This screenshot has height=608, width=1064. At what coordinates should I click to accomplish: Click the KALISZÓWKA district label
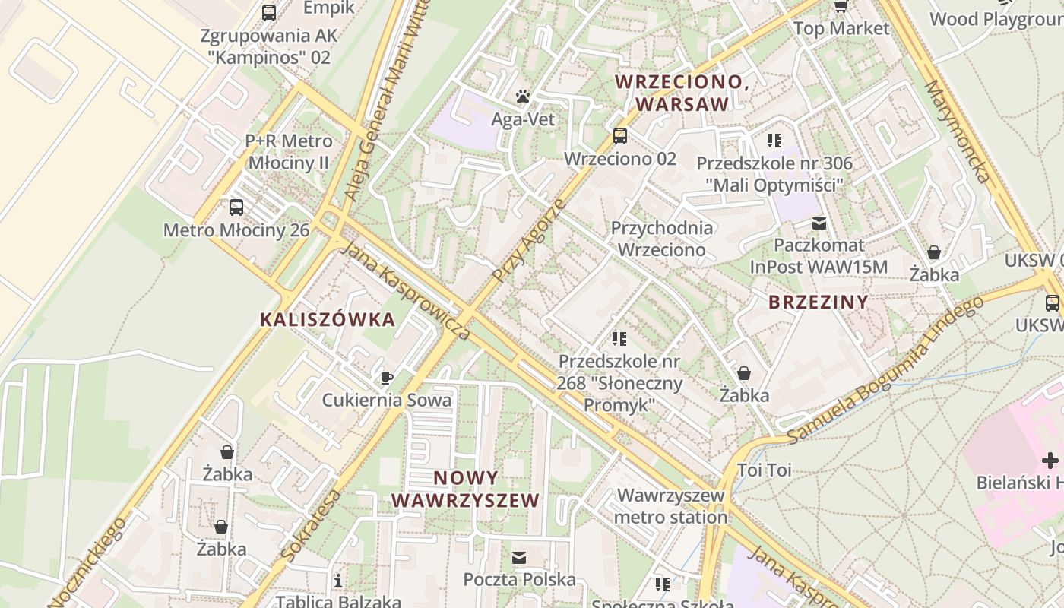point(328,319)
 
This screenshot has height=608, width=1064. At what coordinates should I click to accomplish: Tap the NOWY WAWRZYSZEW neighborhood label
point(466,489)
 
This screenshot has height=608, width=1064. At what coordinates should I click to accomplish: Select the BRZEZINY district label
point(818,302)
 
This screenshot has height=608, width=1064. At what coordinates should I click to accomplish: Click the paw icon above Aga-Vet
point(523,97)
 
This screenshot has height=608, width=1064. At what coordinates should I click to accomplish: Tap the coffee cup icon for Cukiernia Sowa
point(387,378)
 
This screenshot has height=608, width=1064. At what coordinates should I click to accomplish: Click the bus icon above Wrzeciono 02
point(620,136)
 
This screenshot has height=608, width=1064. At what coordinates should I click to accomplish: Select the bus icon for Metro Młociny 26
point(236,207)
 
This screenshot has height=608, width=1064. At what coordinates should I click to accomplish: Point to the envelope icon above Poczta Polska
point(519,558)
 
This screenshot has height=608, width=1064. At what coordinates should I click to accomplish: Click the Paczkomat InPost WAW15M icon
point(819,223)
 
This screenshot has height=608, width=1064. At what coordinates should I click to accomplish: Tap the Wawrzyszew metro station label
point(671,506)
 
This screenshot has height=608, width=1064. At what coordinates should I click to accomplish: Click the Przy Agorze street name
point(529,240)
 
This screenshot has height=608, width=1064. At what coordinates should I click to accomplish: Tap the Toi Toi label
point(764,470)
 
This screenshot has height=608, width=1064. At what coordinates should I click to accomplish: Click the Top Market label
point(841,28)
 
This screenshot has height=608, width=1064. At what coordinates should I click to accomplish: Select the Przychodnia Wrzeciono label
point(662,239)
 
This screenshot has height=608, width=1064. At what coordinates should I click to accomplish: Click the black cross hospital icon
point(1050,460)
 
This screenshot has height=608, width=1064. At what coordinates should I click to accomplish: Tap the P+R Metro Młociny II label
point(288,152)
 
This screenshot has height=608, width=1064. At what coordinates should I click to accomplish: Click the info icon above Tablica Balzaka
point(338,581)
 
